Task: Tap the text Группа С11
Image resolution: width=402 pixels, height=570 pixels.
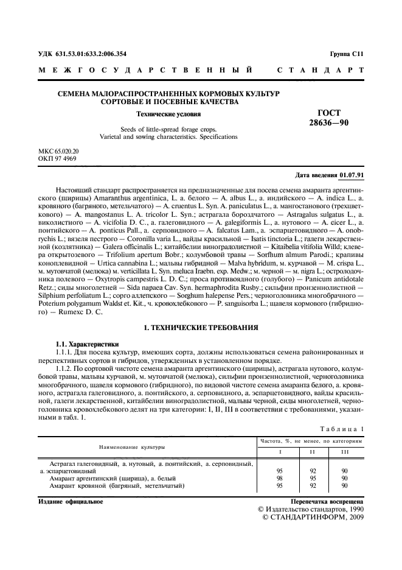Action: click(347, 54)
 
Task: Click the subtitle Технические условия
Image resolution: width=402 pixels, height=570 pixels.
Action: click(168, 114)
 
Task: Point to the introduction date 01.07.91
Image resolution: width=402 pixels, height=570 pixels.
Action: click(352, 175)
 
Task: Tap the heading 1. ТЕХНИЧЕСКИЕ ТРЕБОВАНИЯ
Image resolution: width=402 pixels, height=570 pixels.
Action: click(201, 328)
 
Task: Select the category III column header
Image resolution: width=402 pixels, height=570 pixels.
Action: click(345, 452)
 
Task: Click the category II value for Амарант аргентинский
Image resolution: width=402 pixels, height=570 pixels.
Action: click(313, 478)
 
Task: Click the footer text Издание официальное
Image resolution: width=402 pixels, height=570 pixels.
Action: click(70, 502)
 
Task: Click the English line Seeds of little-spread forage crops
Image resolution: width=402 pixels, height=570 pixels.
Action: click(168, 130)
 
